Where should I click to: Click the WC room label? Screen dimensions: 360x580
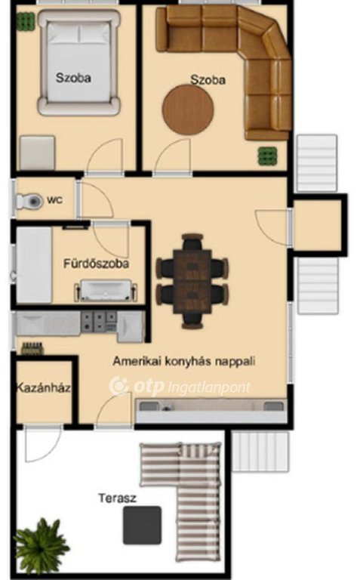[x=54, y=200]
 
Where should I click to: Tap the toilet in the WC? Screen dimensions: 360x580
[x=29, y=201]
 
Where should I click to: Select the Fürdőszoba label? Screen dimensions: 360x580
[x=96, y=264]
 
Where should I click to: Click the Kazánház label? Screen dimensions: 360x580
[x=43, y=387]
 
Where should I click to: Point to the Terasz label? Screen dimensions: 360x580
[x=117, y=498]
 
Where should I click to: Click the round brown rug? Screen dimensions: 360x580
[x=188, y=110]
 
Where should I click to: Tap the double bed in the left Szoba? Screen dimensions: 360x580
[x=78, y=61]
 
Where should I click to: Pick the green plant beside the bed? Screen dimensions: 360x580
[x=25, y=21]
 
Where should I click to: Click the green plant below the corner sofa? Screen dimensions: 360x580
[x=267, y=156]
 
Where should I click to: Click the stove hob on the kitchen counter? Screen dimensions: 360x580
[x=99, y=322]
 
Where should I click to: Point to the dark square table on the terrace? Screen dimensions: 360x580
[x=143, y=526]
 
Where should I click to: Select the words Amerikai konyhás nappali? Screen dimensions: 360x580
[x=183, y=361]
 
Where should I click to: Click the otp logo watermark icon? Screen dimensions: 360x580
[x=118, y=386]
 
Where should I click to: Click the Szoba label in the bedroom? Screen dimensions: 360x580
[x=73, y=78]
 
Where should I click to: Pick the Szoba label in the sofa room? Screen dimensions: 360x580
[x=208, y=79]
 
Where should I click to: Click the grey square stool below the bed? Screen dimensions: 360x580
[x=37, y=153]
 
